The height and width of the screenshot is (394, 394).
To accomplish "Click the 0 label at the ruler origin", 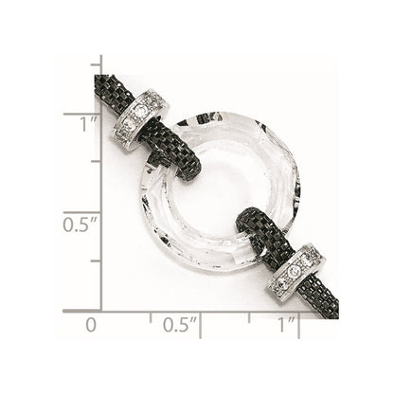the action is (x=91, y=325).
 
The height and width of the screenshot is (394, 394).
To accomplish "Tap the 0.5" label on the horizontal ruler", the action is (x=180, y=325).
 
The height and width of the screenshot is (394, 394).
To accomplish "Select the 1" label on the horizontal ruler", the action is (x=286, y=325).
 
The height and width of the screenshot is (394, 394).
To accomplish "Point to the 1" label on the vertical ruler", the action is (x=88, y=124).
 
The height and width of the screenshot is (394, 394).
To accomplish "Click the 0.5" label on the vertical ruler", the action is (x=80, y=224).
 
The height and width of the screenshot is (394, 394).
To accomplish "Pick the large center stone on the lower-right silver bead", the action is (x=295, y=270).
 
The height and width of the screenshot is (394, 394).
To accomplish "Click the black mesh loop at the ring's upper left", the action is (x=172, y=149).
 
